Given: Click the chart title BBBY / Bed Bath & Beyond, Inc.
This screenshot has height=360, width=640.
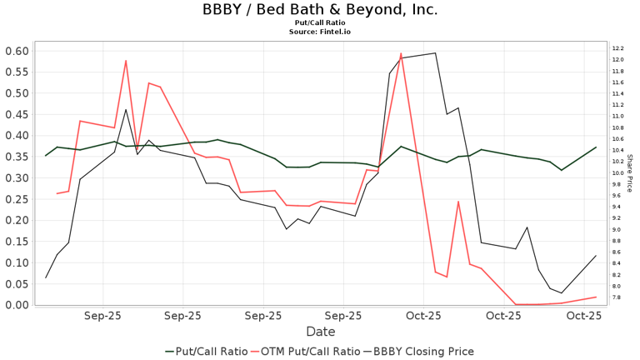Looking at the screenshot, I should click(319, 10).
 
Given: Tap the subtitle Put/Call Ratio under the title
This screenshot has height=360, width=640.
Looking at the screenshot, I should click(319, 23).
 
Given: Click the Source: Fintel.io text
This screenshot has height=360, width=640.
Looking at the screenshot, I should click(319, 32).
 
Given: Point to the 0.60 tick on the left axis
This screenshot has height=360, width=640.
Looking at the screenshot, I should click(16, 51).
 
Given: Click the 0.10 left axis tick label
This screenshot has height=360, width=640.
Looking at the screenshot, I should click(16, 262).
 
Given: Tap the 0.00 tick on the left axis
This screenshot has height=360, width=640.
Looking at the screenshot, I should click(16, 305).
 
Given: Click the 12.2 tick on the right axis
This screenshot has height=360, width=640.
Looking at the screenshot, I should click(618, 48).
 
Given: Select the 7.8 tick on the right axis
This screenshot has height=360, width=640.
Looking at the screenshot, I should click(618, 297).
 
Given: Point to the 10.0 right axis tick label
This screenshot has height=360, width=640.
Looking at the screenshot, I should click(618, 173).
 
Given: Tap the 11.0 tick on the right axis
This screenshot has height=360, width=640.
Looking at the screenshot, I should click(618, 117).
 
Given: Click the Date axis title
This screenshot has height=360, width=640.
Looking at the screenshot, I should click(319, 331).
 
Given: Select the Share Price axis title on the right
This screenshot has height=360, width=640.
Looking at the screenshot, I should click(631, 172).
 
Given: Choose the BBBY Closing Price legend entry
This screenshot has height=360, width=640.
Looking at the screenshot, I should click(423, 351).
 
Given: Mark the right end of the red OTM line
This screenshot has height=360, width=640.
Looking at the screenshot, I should click(596, 297).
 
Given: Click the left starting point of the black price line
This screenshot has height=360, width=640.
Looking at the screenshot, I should click(46, 277).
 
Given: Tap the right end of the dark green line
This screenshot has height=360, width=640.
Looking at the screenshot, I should click(596, 147).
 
